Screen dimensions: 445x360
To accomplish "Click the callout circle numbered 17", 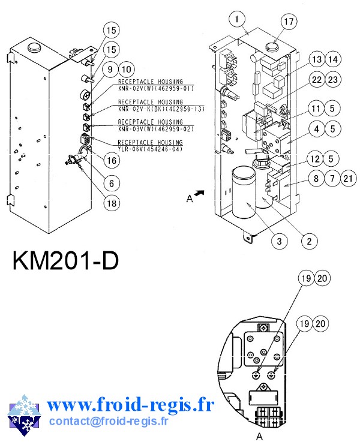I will point(289,22).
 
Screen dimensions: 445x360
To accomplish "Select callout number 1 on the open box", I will point(238,19).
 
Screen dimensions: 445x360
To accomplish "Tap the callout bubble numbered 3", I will point(278,242).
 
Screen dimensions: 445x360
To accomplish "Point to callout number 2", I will point(308,242).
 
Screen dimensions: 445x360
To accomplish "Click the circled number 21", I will point(349,178).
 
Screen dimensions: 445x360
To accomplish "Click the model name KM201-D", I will point(65,263).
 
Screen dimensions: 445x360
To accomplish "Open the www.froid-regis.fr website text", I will point(130,406).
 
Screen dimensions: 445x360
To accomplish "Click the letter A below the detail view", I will point(260,437).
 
